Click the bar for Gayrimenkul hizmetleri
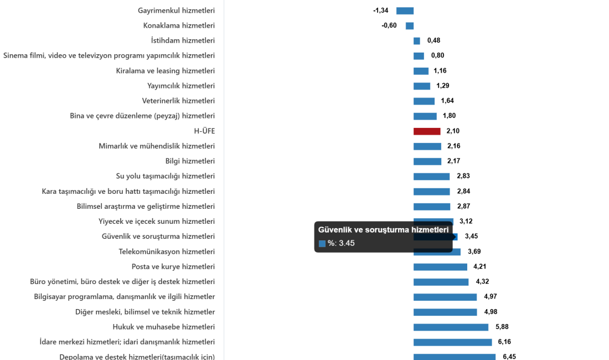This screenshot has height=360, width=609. pos(405,11)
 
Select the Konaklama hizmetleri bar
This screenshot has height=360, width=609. pos(410,26)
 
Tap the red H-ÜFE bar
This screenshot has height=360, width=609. pos(427,131)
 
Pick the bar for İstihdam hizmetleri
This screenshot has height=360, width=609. pos(416,41)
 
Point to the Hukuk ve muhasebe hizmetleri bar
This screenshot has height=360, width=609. pos(451,327)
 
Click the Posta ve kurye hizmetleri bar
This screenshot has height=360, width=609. pos(440,267)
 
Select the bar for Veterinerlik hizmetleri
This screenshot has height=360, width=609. pos(424,101)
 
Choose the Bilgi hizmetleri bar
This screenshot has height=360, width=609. pos(427,162)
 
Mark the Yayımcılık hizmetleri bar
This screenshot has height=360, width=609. pos(422,86)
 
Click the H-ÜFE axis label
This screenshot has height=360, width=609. pos(204,131)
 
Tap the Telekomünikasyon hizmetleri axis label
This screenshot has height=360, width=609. pos(167,251)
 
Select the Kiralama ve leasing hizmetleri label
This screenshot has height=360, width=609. pos(166,71)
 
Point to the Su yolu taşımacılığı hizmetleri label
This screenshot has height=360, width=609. pos(165,176)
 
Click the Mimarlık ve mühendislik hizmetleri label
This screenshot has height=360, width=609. pos(157,146)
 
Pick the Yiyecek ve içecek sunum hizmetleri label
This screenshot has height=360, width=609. pos(157,222)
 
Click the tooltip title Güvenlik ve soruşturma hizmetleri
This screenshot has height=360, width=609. pos(383,230)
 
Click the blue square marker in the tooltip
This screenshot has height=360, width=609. pos(322,243)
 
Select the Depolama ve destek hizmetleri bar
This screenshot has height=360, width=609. pos(455,357)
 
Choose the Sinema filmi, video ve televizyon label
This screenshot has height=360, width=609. pos(109,55)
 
